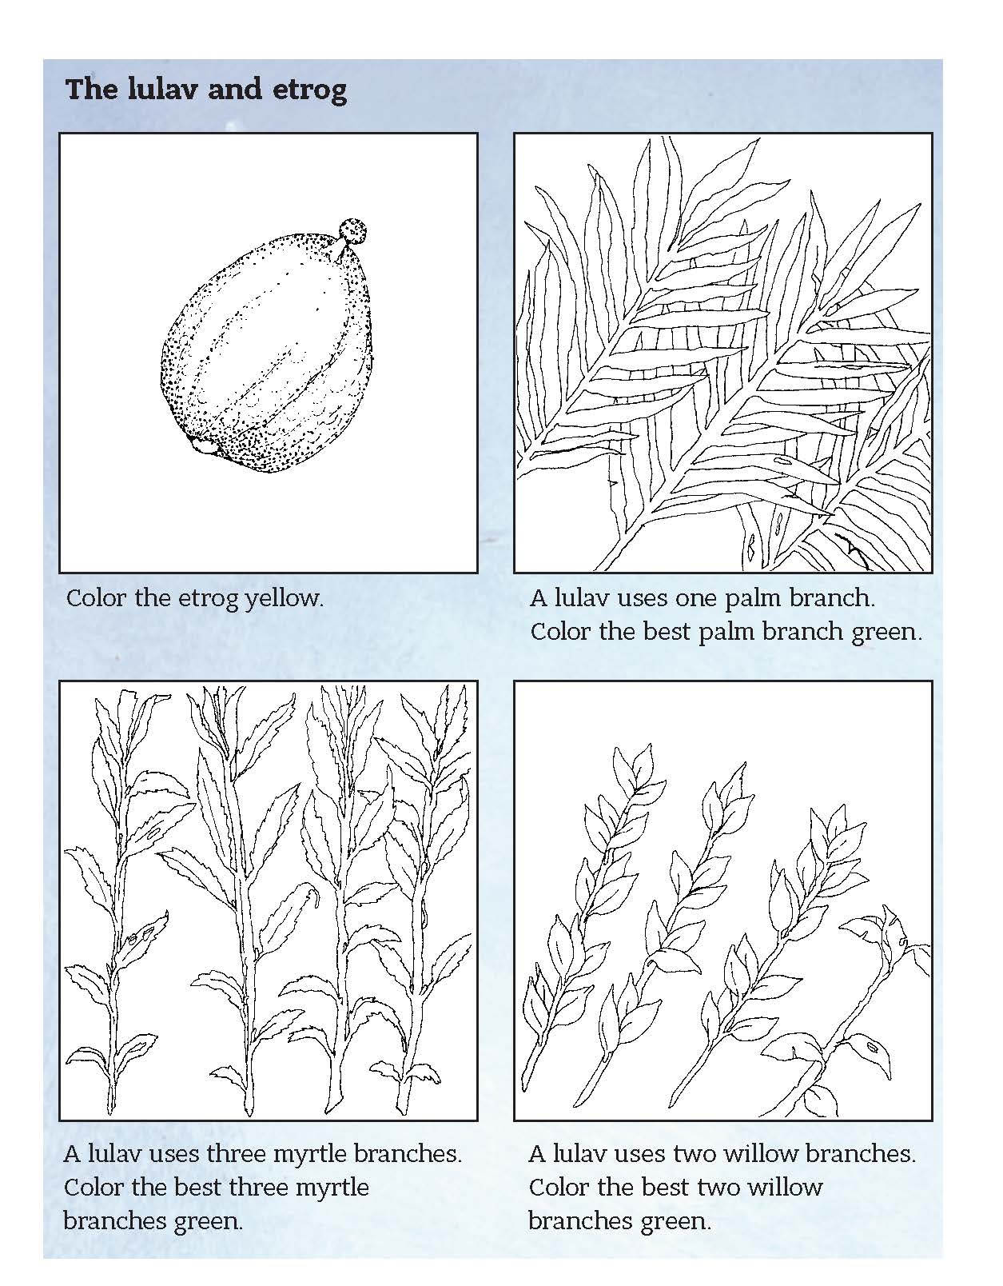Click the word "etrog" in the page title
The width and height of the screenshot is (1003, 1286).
click(310, 90)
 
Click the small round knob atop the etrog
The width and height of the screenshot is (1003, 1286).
click(353, 231)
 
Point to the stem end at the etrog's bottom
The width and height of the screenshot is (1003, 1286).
click(205, 445)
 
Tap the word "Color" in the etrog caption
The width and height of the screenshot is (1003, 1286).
click(96, 598)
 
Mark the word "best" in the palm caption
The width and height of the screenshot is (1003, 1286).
click(666, 632)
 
